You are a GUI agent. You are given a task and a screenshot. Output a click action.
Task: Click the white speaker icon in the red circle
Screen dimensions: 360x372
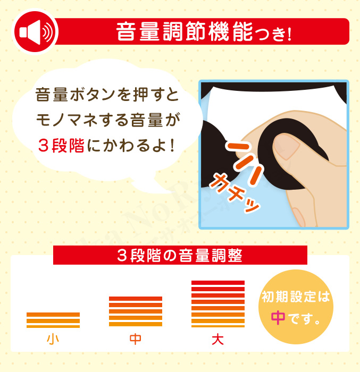(36, 32)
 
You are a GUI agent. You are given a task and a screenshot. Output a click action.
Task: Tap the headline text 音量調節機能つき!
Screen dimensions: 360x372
(204, 31)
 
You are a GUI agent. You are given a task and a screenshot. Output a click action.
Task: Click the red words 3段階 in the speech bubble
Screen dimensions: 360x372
(61, 145)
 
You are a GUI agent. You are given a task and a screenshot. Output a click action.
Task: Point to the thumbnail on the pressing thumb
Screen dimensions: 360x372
(287, 147)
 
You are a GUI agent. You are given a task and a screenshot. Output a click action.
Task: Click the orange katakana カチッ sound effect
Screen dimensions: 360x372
(234, 193)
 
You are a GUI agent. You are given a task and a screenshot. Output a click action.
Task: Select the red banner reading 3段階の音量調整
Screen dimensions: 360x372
(180, 255)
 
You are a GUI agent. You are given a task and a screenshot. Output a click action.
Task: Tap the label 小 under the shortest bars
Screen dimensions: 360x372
(53, 339)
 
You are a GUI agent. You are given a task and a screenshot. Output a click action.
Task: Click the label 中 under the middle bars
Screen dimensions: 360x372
(136, 339)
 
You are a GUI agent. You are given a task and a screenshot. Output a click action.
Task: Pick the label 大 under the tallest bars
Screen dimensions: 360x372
(218, 340)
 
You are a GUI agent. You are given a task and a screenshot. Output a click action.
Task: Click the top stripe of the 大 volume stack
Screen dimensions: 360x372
(218, 283)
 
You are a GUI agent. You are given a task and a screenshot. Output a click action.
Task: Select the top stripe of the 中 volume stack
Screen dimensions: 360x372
(136, 299)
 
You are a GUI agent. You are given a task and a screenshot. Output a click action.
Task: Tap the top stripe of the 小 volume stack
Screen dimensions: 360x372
(53, 315)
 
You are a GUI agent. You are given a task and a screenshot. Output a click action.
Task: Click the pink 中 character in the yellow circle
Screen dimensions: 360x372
(278, 318)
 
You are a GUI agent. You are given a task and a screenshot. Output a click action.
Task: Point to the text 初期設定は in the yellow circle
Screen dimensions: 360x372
(296, 297)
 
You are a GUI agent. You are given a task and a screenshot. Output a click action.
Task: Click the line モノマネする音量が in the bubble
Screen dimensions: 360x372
(108, 120)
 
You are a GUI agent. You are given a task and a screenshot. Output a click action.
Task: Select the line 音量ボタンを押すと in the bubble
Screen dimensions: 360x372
(107, 95)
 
